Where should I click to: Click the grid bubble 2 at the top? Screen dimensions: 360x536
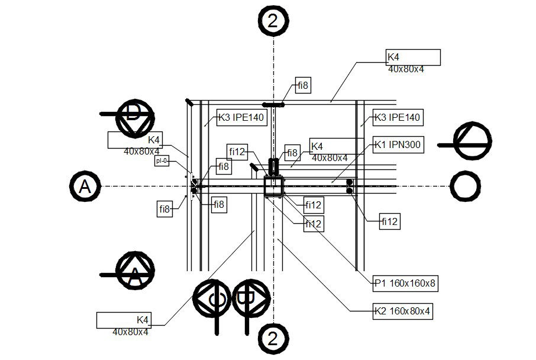(x=273, y=20)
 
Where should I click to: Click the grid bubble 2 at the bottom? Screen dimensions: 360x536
(x=273, y=339)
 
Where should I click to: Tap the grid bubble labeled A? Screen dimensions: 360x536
(x=85, y=187)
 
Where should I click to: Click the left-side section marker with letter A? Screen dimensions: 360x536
(x=135, y=272)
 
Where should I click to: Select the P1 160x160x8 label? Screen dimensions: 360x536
(x=406, y=284)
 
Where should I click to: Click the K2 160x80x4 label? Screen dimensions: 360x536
(x=402, y=310)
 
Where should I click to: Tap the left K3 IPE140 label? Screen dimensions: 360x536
(x=241, y=117)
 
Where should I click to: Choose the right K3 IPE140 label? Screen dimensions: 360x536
(x=398, y=117)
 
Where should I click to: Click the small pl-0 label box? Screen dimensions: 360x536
(x=162, y=160)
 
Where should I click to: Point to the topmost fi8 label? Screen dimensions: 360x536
(x=302, y=86)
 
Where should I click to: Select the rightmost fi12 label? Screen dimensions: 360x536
(x=390, y=222)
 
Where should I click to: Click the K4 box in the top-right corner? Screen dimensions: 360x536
(x=413, y=57)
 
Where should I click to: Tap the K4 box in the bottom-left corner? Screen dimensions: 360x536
(x=124, y=320)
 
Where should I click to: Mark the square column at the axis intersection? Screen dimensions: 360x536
(x=273, y=187)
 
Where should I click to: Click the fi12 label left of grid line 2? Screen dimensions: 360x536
(x=237, y=152)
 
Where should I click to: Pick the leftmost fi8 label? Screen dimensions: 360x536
(x=164, y=208)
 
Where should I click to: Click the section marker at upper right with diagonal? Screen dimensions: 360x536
(x=473, y=141)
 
